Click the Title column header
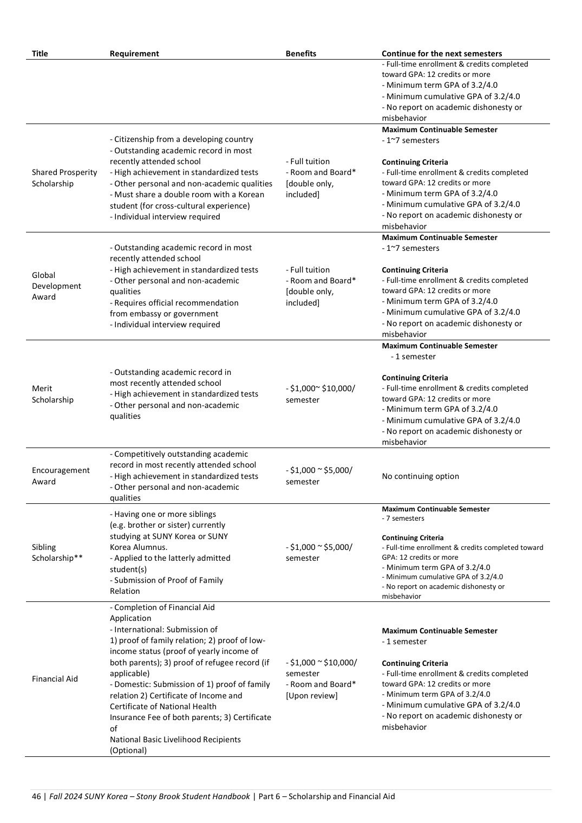[x=40, y=54]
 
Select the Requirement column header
[x=134, y=54]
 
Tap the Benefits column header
[x=301, y=54]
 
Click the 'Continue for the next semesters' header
[x=442, y=54]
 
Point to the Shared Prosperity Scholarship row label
[x=64, y=178]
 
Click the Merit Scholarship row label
[x=53, y=394]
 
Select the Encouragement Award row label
[x=61, y=476]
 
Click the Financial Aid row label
[x=55, y=679]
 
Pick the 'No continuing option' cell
[x=421, y=476]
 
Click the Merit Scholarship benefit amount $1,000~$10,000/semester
[x=321, y=394]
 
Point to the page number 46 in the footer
[x=36, y=796]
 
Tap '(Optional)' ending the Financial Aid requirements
[x=128, y=750]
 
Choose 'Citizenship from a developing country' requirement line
[x=182, y=139]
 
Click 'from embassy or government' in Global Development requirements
[x=164, y=314]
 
